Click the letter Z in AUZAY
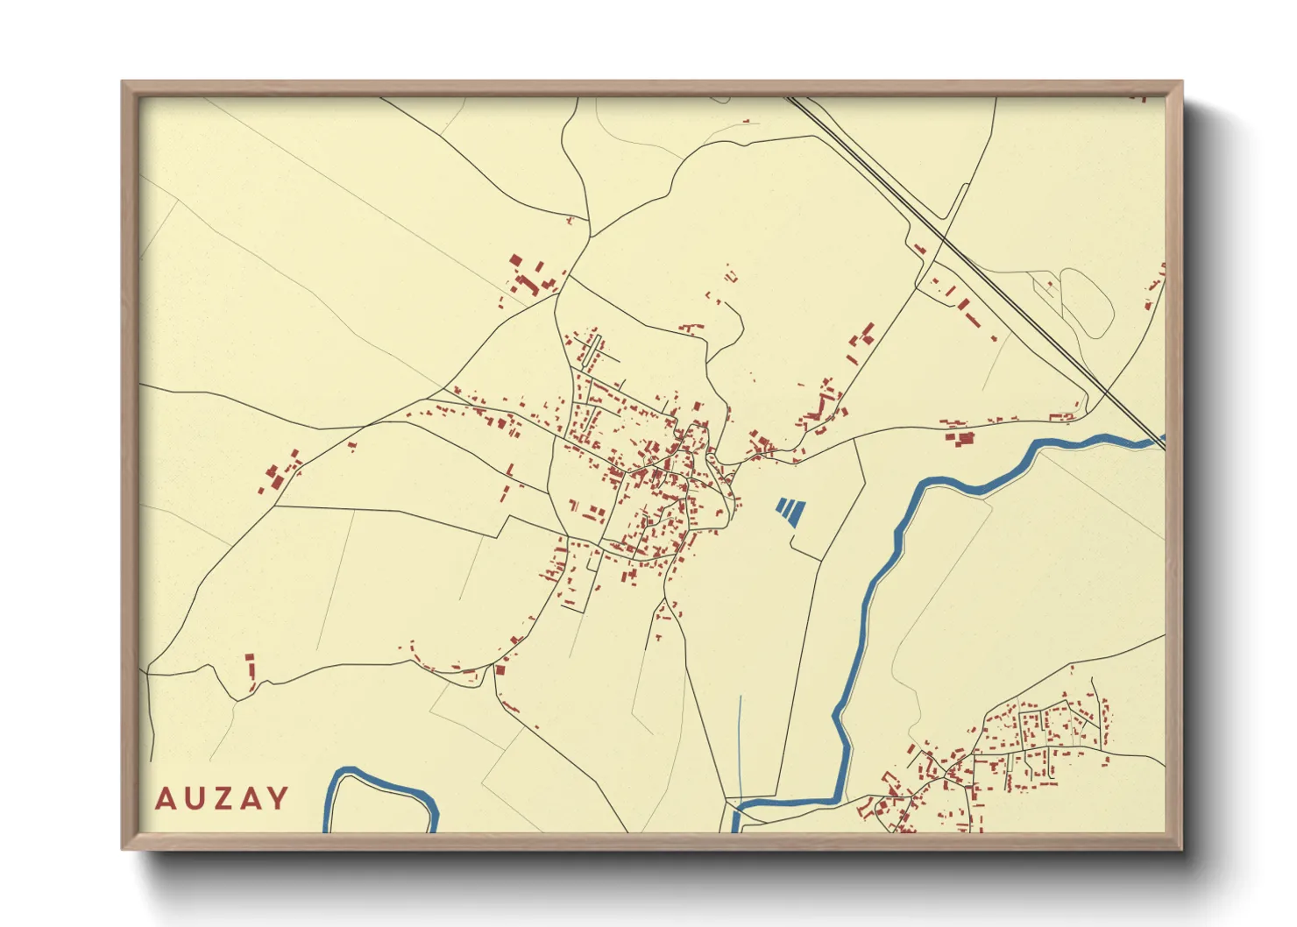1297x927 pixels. [x=222, y=798]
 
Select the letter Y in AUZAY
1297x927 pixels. [x=278, y=798]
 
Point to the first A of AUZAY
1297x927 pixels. [x=165, y=798]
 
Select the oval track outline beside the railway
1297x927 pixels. [x=1087, y=302]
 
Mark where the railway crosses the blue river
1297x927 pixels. [x=1154, y=441]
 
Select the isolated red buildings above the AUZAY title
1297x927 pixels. [x=250, y=666]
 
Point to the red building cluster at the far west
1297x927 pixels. [x=280, y=473]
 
